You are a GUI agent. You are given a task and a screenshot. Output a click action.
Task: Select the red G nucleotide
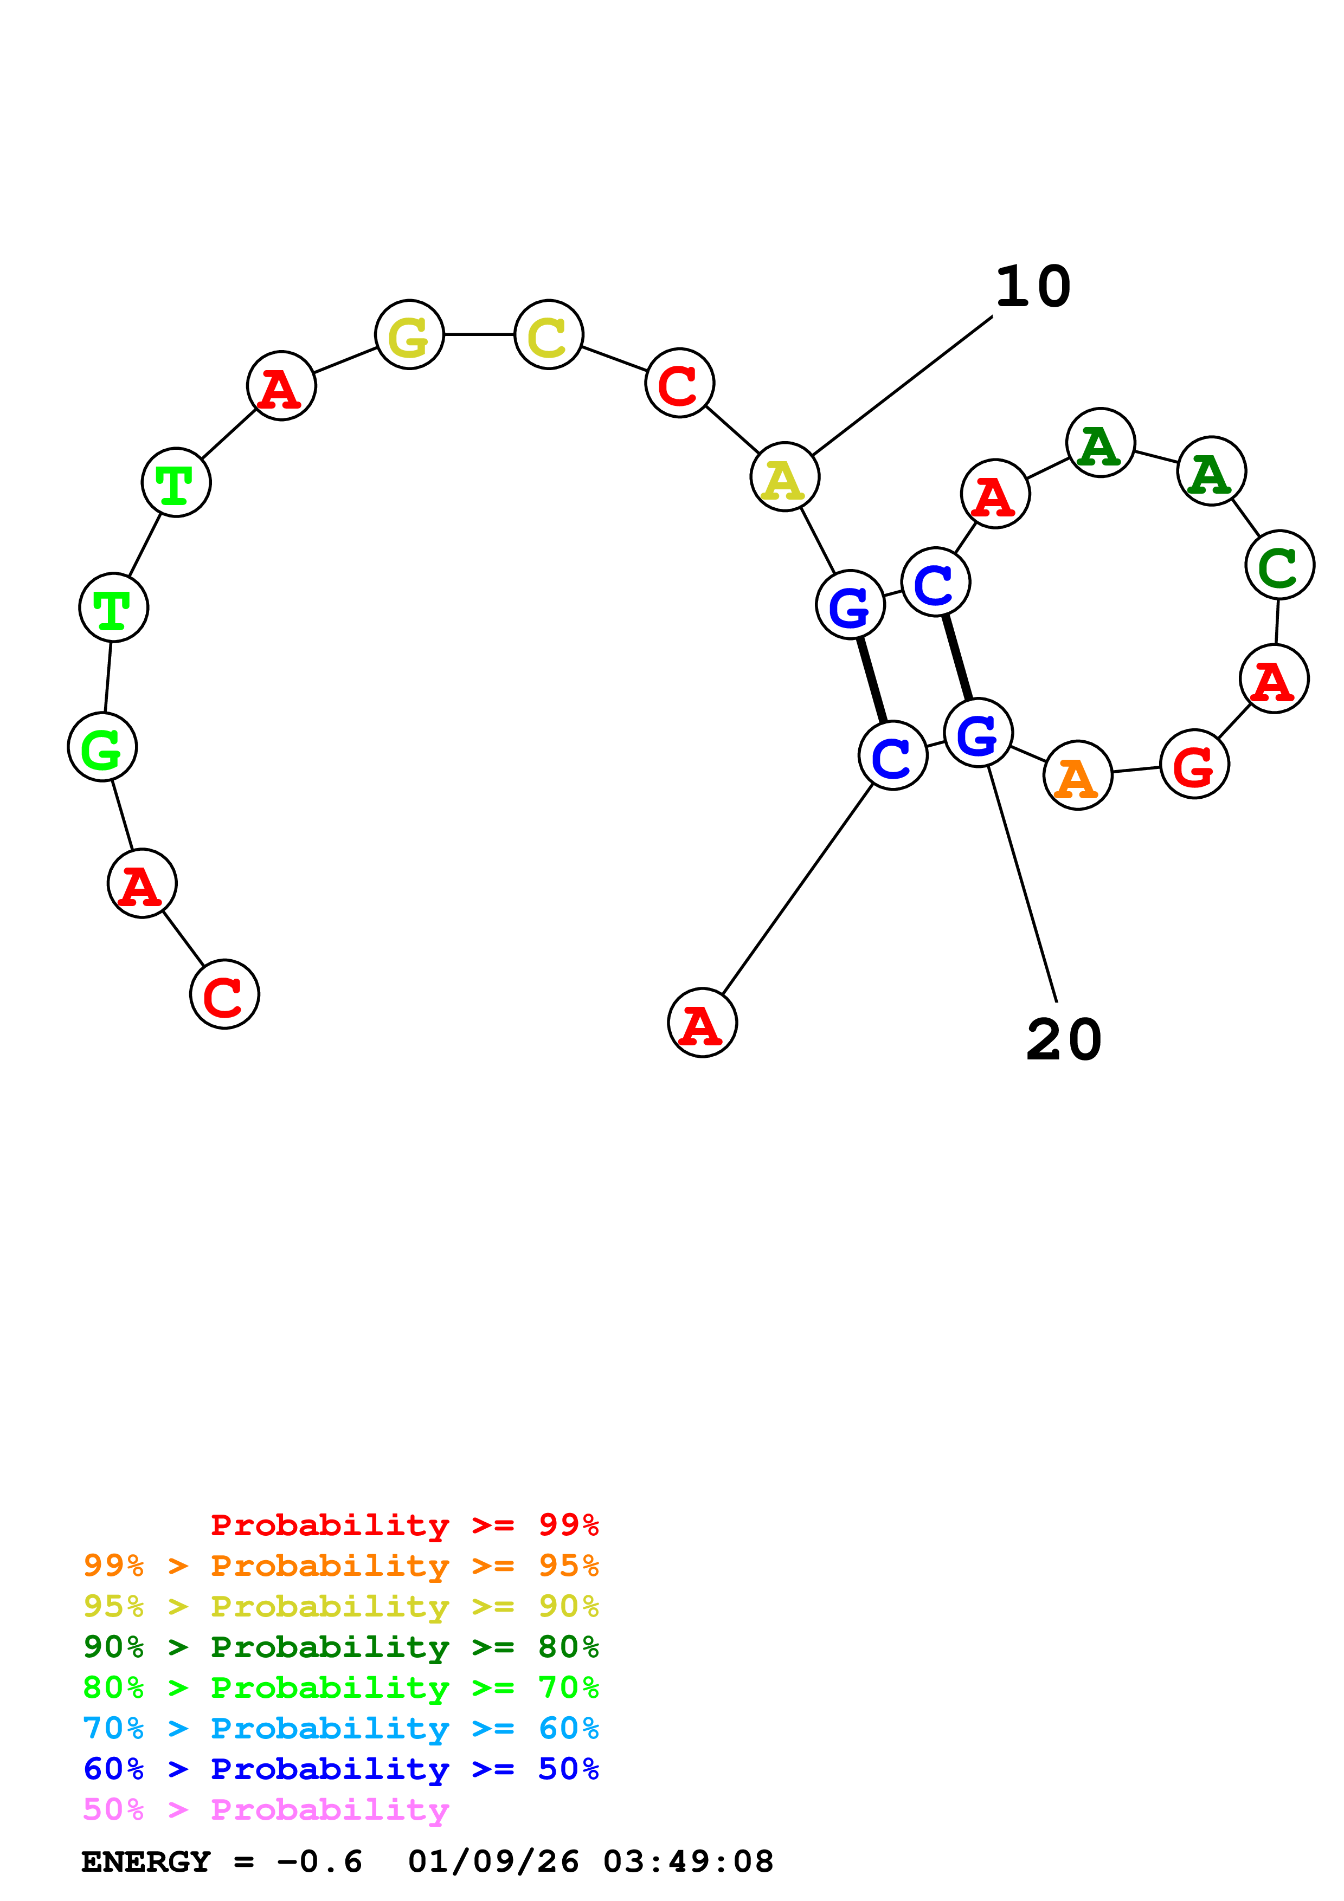coord(1194,764)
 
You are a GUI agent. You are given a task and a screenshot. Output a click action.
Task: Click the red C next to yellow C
coord(679,383)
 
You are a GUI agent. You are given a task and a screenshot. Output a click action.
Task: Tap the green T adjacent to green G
coord(113,607)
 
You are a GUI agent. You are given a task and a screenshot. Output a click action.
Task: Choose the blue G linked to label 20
coord(977,732)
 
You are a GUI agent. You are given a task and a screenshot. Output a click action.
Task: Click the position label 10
coord(1033,287)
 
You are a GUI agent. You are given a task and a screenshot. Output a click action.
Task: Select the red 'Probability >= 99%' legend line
coord(404,1525)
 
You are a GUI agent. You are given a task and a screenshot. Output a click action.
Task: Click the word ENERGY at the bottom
coord(146,1861)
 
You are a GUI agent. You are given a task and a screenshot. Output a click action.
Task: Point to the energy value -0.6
coord(320,1861)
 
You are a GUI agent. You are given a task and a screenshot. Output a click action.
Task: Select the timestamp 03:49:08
coord(687,1861)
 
